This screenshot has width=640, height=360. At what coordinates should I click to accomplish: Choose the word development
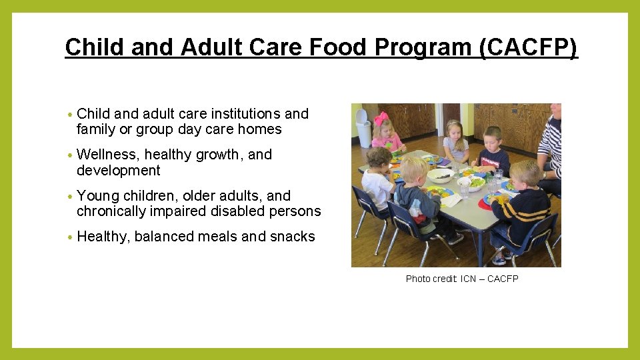point(119,171)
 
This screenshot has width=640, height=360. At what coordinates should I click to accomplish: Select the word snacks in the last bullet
point(293,237)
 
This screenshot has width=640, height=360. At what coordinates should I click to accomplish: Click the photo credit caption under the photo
point(461,279)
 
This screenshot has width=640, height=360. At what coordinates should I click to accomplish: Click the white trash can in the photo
point(363,128)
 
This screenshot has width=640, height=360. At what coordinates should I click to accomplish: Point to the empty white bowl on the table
point(441,175)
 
